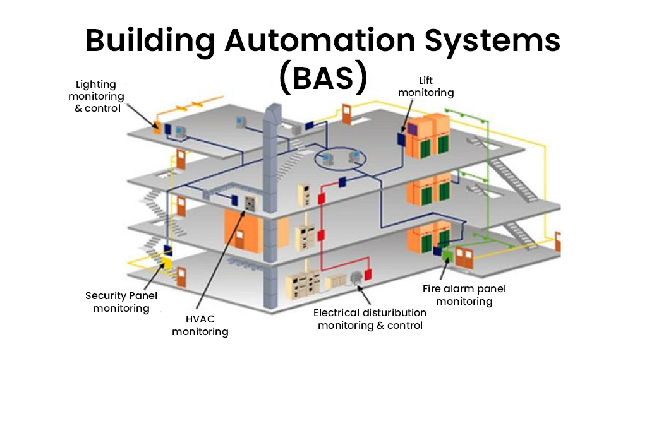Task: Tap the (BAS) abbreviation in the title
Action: pyautogui.click(x=323, y=78)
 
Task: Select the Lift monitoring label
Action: pyautogui.click(x=425, y=86)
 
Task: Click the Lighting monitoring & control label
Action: pyautogui.click(x=96, y=96)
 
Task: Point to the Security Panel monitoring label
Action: pyautogui.click(x=121, y=302)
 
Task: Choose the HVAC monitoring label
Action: pyautogui.click(x=200, y=325)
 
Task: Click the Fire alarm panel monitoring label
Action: pyautogui.click(x=464, y=295)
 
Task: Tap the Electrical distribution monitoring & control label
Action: pyautogui.click(x=370, y=319)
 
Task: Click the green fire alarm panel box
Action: pyautogui.click(x=447, y=254)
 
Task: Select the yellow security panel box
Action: pyautogui.click(x=167, y=261)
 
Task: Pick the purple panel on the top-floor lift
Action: pyautogui.click(x=413, y=129)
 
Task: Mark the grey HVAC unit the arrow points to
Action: pyautogui.click(x=250, y=204)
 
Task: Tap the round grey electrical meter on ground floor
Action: pyautogui.click(x=356, y=276)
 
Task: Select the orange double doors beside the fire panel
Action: pyautogui.click(x=464, y=256)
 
